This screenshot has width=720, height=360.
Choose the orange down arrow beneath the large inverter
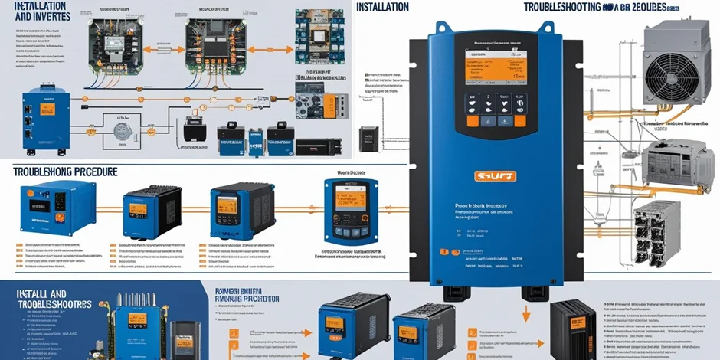[528, 313]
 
